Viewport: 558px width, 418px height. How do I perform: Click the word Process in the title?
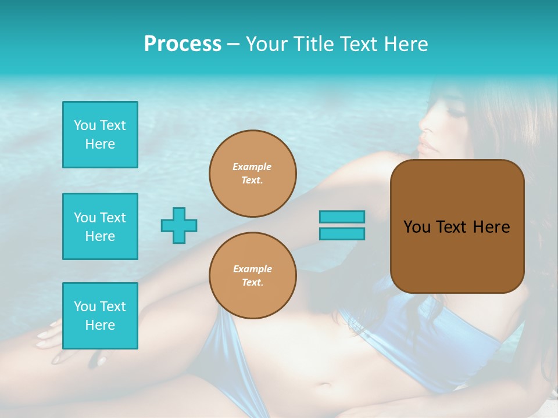[x=183, y=44]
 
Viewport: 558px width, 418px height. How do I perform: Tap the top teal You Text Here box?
[x=100, y=135]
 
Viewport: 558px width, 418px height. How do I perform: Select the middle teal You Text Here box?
[x=100, y=226]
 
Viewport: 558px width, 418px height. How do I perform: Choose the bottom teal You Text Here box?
[x=100, y=316]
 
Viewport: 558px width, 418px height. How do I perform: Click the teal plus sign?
[x=179, y=225]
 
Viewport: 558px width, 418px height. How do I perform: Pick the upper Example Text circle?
[x=253, y=174]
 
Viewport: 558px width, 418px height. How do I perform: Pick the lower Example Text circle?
[x=253, y=275]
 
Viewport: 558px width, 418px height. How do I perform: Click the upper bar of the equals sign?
[x=342, y=217]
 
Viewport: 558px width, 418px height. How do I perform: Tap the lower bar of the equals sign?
[x=342, y=233]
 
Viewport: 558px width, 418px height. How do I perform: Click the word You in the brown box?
[x=417, y=227]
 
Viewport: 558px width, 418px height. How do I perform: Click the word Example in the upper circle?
[x=252, y=167]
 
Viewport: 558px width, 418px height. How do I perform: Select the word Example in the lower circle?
[x=252, y=269]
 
